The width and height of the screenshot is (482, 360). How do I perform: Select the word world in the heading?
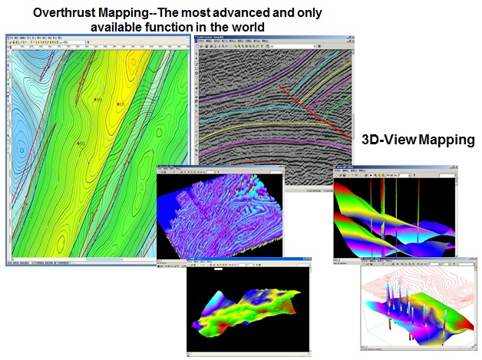tap(245, 28)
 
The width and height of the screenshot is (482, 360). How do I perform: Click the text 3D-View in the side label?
tap(385, 140)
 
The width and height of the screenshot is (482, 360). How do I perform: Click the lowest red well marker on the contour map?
tap(80, 144)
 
